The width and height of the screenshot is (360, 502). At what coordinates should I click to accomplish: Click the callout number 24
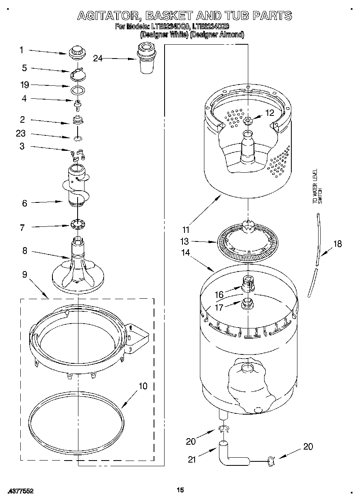tap(98, 58)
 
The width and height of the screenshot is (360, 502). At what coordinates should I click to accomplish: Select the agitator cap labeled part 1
tap(76, 52)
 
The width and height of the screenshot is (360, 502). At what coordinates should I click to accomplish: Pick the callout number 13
tap(185, 241)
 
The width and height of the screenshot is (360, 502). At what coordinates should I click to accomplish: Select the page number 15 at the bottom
tap(180, 490)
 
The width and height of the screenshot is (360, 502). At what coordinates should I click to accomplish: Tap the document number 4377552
tap(20, 491)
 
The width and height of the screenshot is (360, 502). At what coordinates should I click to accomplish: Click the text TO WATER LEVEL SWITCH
tap(317, 186)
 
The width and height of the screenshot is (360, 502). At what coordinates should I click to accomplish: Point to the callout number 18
tap(338, 244)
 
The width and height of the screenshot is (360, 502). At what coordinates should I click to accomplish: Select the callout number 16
tap(219, 294)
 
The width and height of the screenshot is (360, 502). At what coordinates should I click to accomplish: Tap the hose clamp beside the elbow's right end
tap(271, 461)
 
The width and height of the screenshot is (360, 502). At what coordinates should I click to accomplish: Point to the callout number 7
tap(22, 228)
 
